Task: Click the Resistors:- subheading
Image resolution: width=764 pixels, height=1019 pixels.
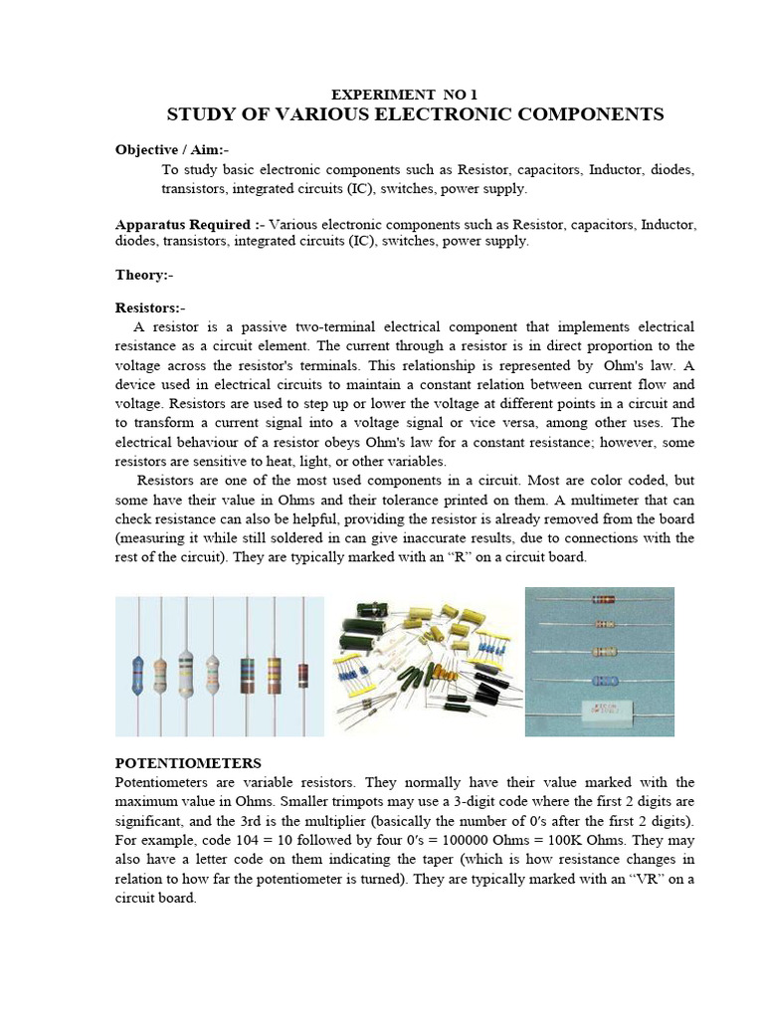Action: pos(150,308)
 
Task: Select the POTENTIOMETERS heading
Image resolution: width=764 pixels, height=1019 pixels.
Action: pos(188,763)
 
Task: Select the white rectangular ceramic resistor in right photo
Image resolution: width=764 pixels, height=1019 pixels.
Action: pos(598,710)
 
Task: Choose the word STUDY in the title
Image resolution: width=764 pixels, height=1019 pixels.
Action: pos(198,114)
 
